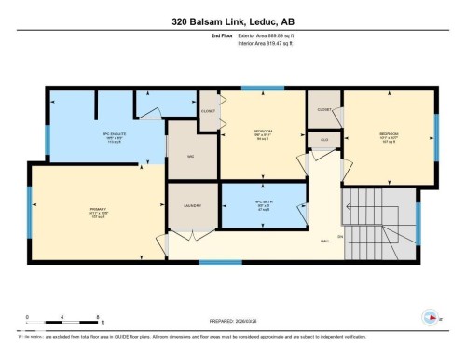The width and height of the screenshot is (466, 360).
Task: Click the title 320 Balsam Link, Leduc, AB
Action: tap(232, 21)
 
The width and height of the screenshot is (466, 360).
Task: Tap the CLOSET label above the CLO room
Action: tap(323, 109)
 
